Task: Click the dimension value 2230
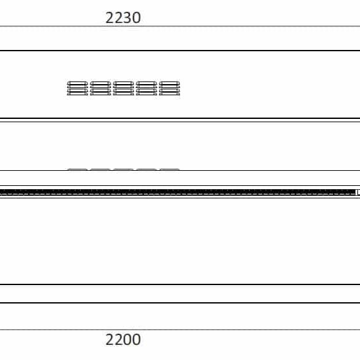coord(123,18)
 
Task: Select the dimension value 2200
coord(123,340)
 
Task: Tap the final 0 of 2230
coord(137,18)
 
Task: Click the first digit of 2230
coord(110,18)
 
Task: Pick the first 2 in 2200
coord(110,340)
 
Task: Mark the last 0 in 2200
coord(137,340)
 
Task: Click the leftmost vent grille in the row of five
coord(78,88)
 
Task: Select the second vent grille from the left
coord(101,88)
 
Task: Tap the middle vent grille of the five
coord(124,88)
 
